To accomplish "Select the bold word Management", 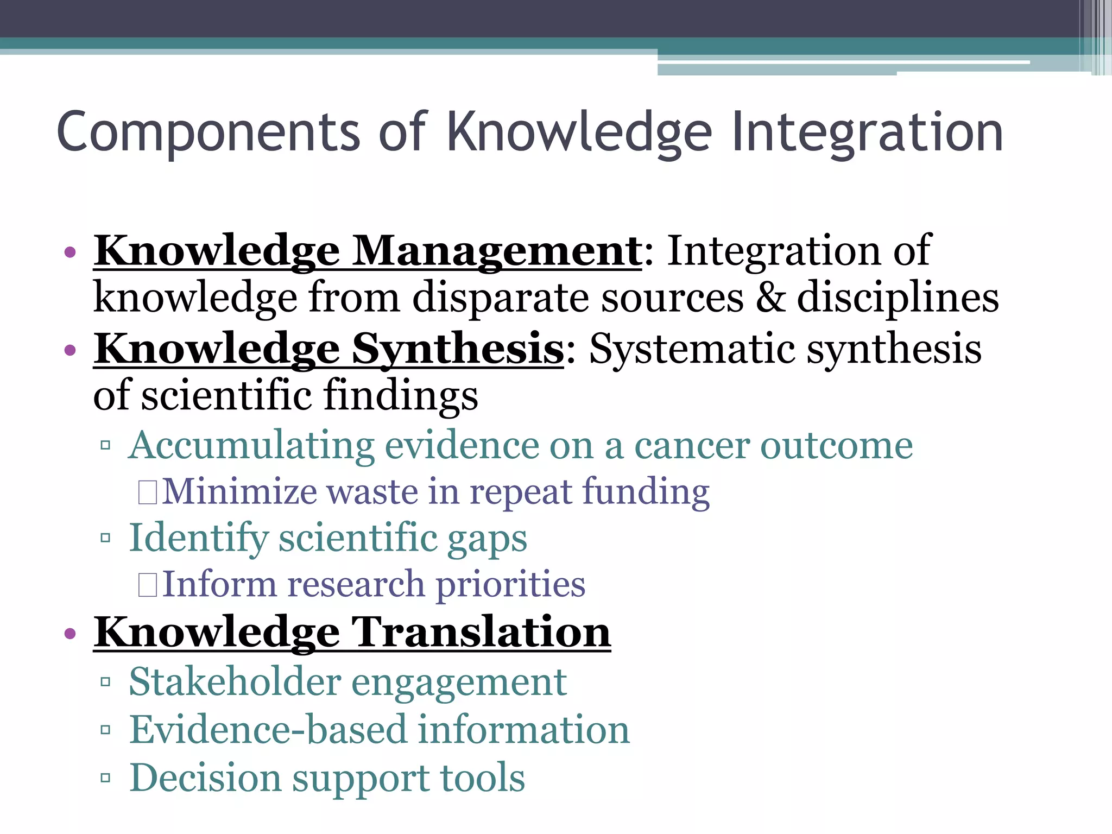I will tap(497, 251).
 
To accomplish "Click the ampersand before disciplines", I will tap(770, 298).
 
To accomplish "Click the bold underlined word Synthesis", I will tap(458, 349).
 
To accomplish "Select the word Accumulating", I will tap(251, 445).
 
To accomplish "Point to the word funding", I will tap(646, 491).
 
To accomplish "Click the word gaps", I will tap(486, 539).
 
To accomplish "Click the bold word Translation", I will tap(482, 633).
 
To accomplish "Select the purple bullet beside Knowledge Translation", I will tap(69, 633).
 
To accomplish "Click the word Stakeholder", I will tap(235, 682).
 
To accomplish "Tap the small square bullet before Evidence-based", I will tap(105, 729).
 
